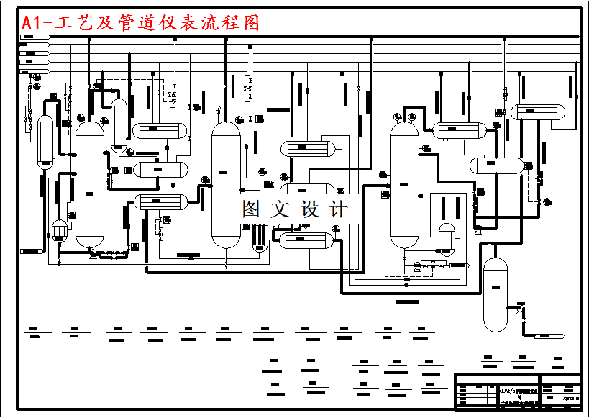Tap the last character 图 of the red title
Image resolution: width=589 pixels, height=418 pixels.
point(251,23)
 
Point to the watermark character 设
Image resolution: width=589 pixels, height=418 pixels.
point(309,209)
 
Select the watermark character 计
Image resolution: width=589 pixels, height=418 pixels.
point(338,209)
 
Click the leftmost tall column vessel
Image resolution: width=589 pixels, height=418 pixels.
point(90,183)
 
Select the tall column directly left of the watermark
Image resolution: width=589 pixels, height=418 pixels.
point(225,183)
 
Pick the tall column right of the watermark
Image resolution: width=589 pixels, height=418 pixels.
point(403,183)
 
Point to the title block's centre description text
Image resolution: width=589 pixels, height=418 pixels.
point(518,391)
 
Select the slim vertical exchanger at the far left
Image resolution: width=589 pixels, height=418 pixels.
point(45,142)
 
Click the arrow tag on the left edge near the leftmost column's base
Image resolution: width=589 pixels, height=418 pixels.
point(32,250)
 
